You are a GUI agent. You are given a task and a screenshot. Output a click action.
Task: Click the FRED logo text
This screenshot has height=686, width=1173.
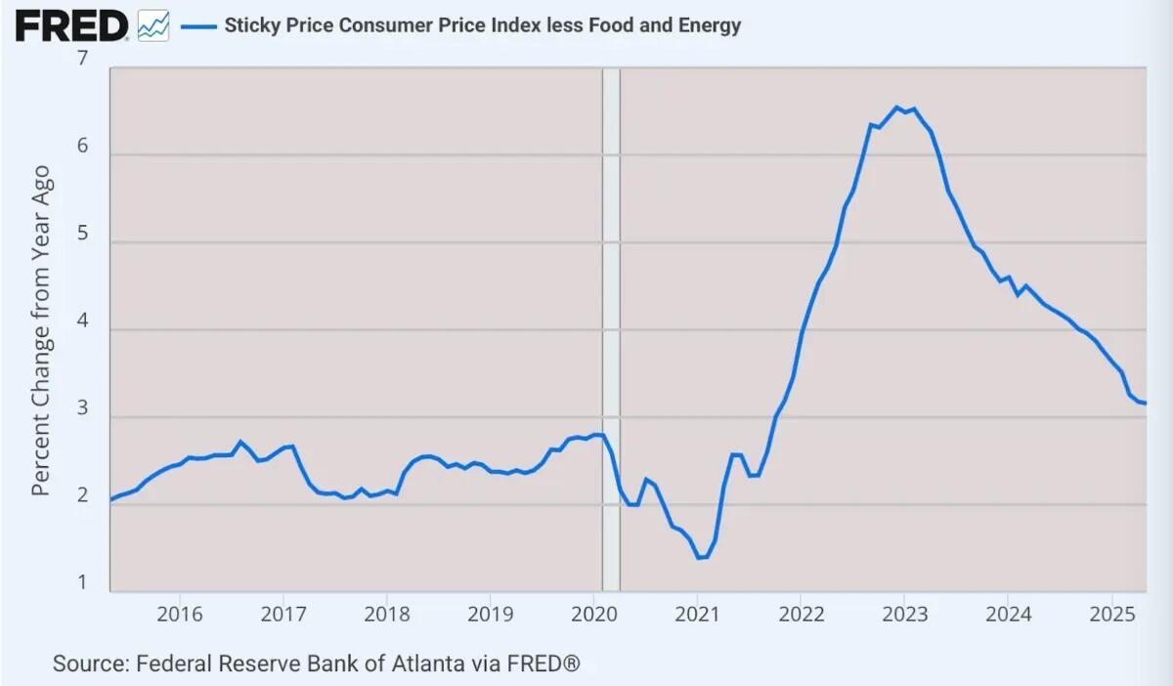pyautogui.click(x=70, y=25)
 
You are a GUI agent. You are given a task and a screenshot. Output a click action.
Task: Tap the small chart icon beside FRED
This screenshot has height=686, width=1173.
pyautogui.click(x=152, y=26)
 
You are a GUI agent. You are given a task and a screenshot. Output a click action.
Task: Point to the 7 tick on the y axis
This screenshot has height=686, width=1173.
pyautogui.click(x=82, y=59)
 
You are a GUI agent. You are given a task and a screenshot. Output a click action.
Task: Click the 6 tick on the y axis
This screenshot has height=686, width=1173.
pyautogui.click(x=82, y=146)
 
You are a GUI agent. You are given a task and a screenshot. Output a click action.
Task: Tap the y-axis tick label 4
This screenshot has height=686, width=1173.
pyautogui.click(x=82, y=321)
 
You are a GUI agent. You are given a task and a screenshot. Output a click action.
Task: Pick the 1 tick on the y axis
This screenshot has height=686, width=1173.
pyautogui.click(x=82, y=582)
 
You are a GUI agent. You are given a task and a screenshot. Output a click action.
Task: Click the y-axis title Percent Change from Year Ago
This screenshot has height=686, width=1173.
pyautogui.click(x=40, y=330)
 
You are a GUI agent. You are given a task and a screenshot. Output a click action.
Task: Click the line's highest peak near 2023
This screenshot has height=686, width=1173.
pyautogui.click(x=896, y=107)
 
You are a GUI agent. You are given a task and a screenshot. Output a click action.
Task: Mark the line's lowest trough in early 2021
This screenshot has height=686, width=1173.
pyautogui.click(x=699, y=558)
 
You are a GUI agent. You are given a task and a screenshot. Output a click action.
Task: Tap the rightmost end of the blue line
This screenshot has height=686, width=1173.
pyautogui.click(x=1145, y=404)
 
